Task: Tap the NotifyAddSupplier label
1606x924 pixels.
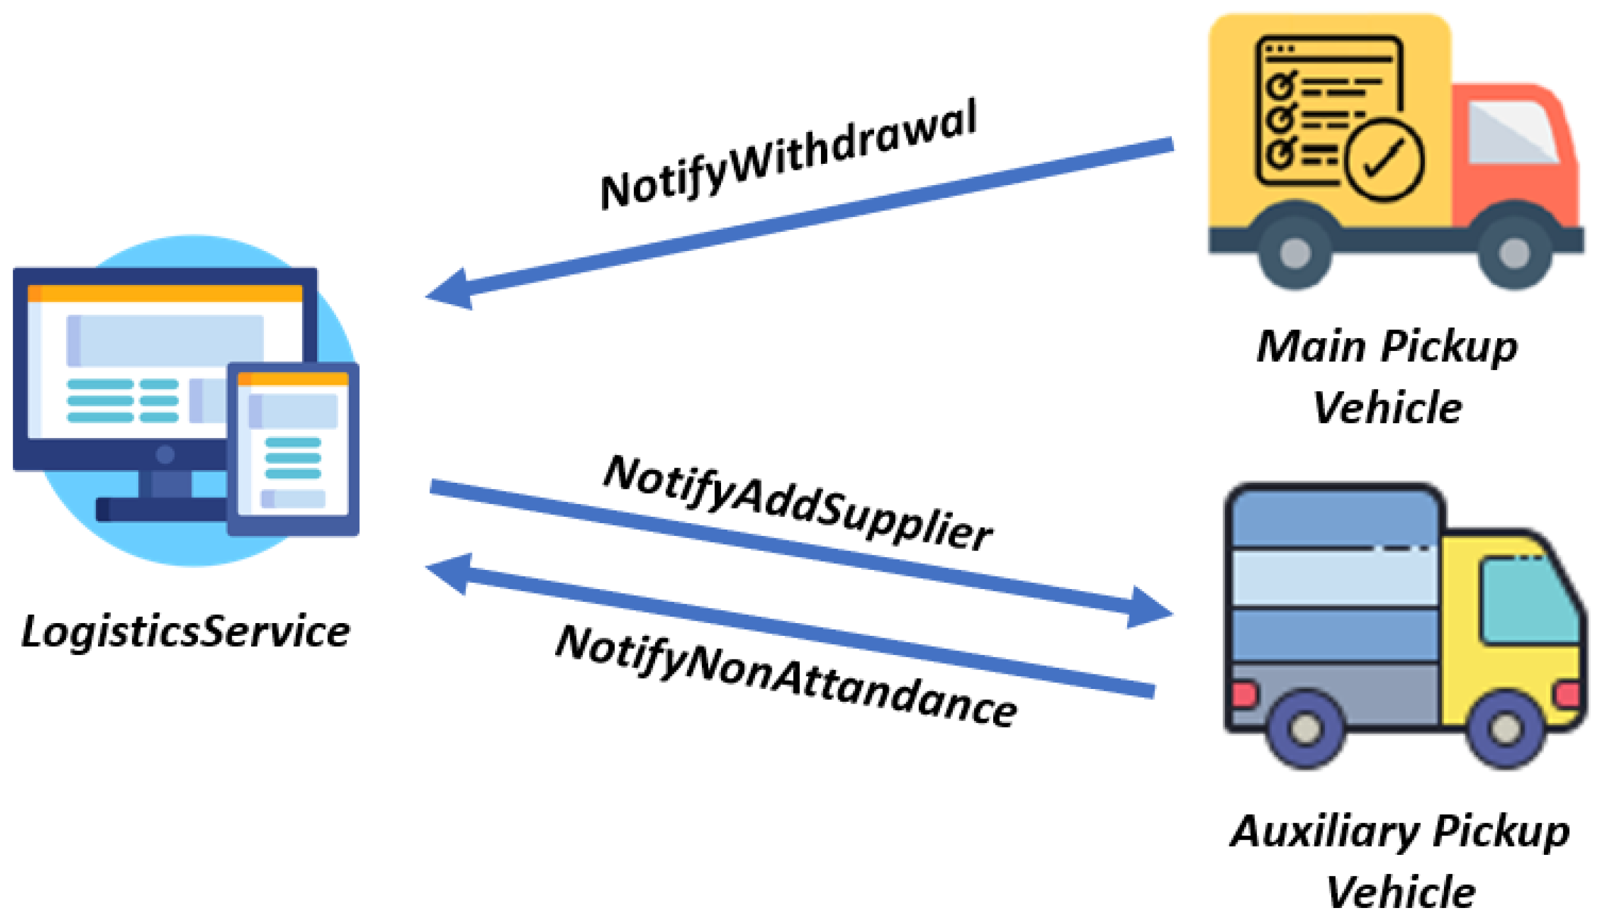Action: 798,503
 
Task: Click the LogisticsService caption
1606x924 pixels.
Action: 186,632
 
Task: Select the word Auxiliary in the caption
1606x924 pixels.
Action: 1325,832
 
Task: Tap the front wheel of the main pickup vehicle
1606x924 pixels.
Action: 1514,252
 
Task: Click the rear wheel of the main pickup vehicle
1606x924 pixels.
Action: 1295,252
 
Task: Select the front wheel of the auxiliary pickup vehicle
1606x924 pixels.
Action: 1505,728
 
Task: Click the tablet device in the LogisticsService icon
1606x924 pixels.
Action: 293,448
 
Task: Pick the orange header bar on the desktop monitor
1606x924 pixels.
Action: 165,293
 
